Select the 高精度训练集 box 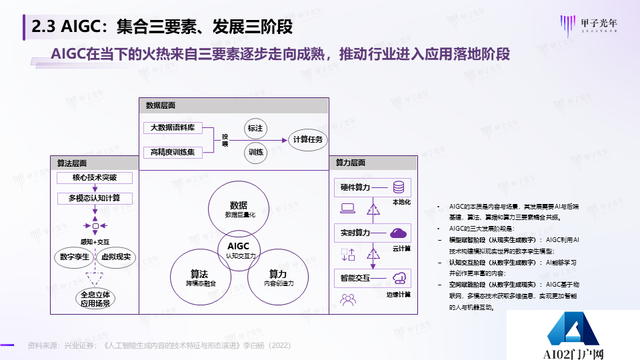tap(173, 153)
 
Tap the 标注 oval tap(255, 128)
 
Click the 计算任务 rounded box tap(307, 139)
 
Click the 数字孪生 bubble tap(75, 257)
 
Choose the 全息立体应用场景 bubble tap(95, 298)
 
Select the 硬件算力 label tap(351, 187)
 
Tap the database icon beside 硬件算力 tap(399, 187)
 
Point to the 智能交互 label tap(351, 278)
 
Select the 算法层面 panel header tap(72, 163)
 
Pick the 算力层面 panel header tap(350, 163)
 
